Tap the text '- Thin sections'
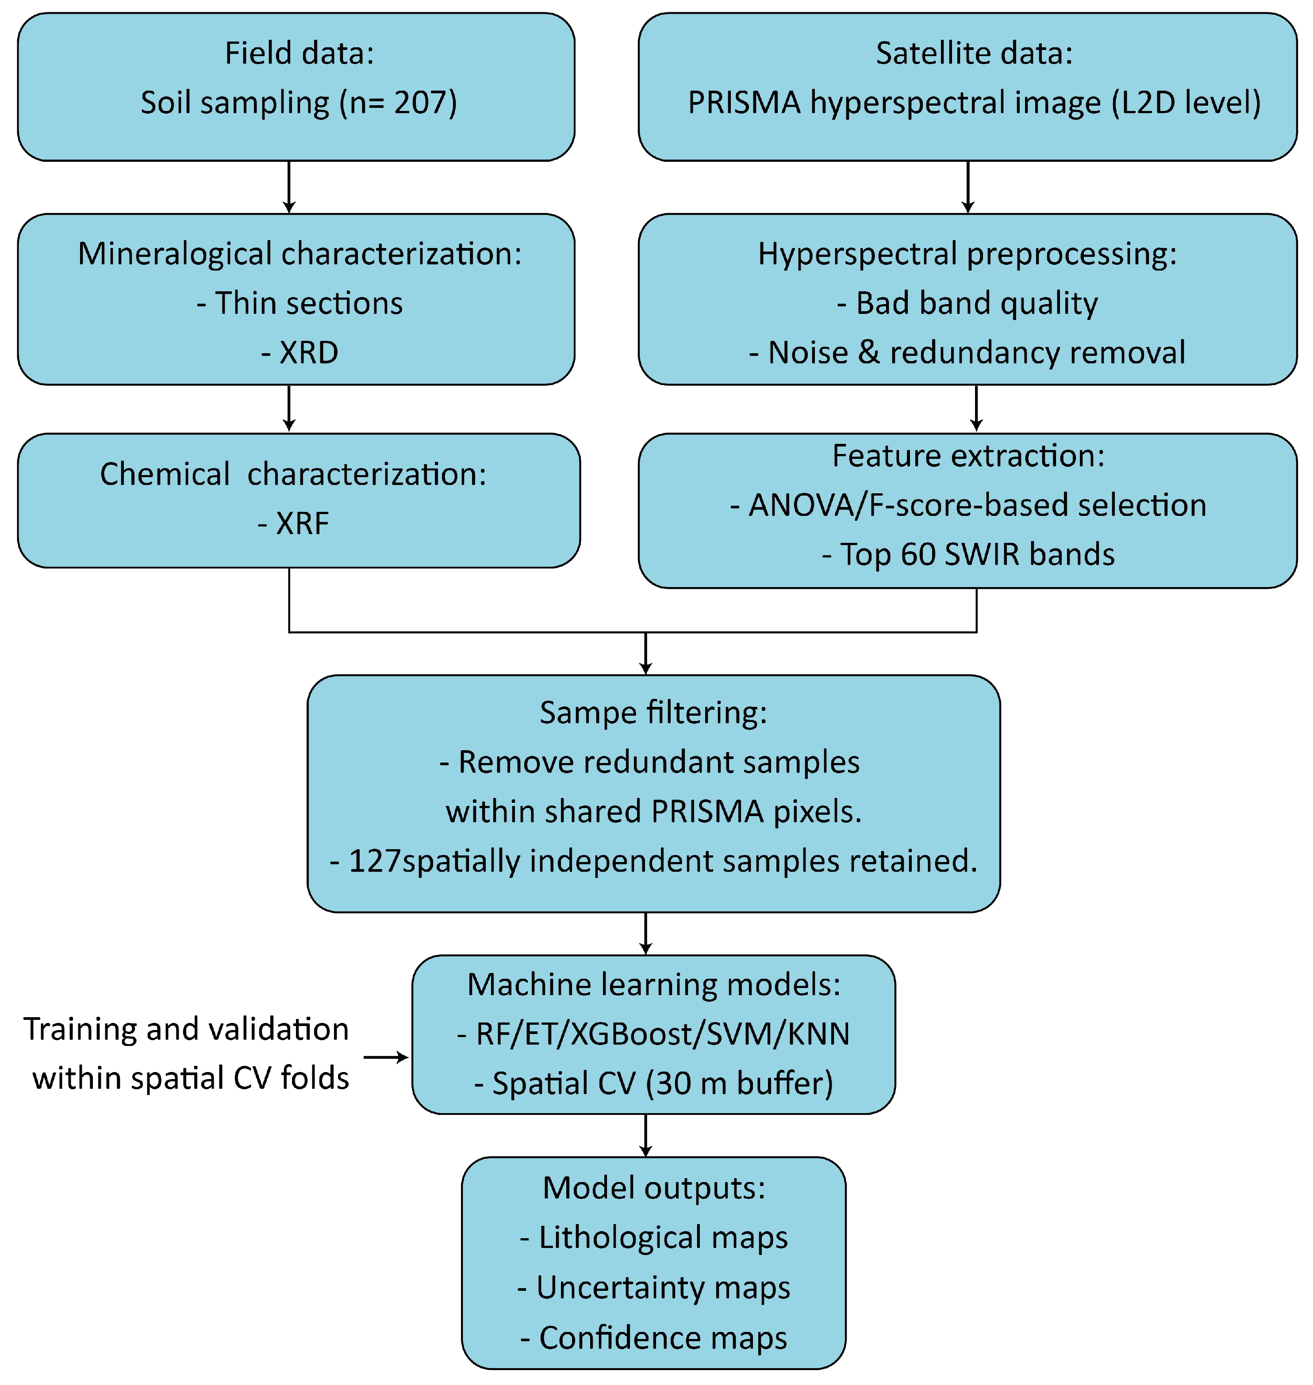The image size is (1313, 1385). tap(299, 303)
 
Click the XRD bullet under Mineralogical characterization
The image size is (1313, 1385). tap(299, 352)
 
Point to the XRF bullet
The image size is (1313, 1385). tap(293, 523)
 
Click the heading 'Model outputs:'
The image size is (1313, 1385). tap(654, 1188)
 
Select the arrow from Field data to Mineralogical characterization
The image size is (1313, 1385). tap(289, 187)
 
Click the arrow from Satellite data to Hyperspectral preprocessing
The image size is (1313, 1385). tap(968, 187)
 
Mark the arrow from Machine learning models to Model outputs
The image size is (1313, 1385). tap(645, 1135)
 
